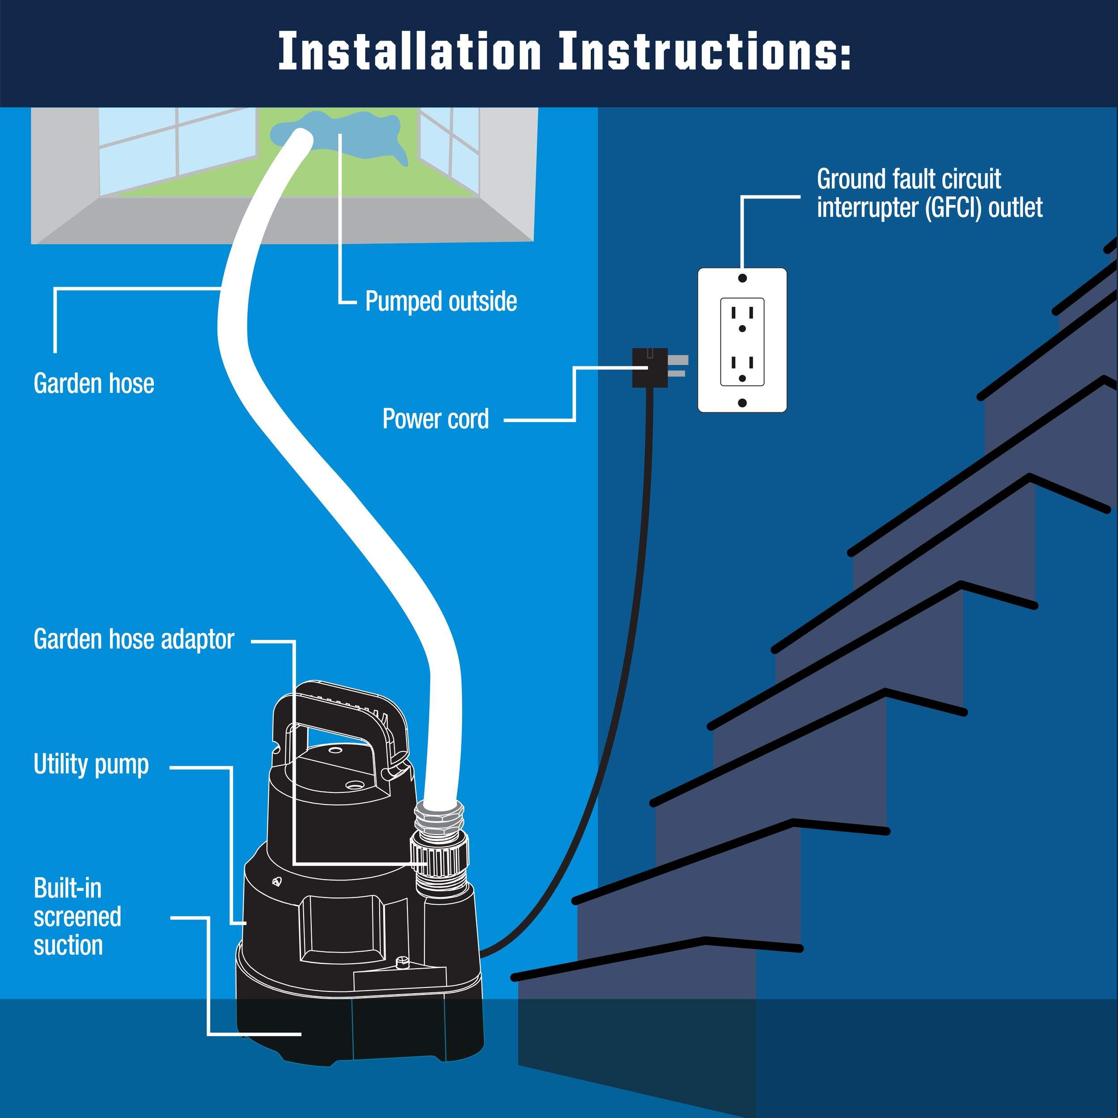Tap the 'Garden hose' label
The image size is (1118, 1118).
(x=94, y=384)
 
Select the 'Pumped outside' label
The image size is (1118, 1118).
(x=441, y=301)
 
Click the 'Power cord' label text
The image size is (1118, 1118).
(x=435, y=419)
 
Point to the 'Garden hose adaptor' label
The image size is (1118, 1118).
(x=134, y=639)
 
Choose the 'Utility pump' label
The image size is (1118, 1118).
(x=91, y=764)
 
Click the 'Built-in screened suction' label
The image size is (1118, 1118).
(x=77, y=917)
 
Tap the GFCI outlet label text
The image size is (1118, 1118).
(x=929, y=193)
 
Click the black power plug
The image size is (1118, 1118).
(x=649, y=367)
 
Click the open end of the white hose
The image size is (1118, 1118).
(x=299, y=140)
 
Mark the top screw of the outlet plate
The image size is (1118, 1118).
(x=742, y=278)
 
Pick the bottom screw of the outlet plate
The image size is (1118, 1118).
(x=742, y=402)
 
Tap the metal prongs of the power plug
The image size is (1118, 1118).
(x=678, y=367)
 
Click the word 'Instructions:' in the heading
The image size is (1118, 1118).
(x=704, y=52)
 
